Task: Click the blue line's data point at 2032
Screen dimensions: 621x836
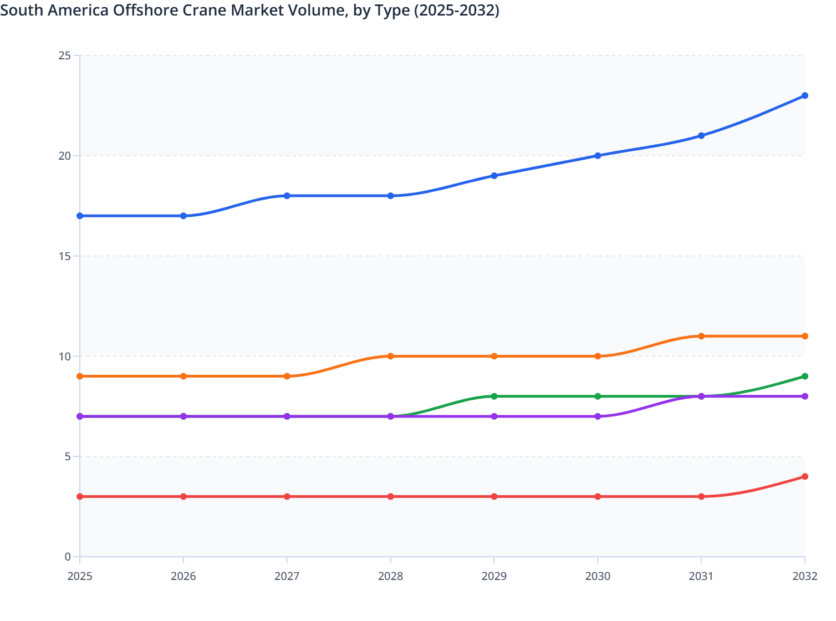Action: [x=804, y=96]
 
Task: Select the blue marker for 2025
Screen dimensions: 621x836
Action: [x=80, y=216]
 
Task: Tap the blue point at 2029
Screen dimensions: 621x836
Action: [x=494, y=176]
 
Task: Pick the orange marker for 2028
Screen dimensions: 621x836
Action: [x=390, y=356]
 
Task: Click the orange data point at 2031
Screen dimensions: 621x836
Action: [x=701, y=336]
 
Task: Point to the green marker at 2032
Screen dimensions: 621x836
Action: [x=804, y=376]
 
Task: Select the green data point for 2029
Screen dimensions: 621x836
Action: [x=494, y=396]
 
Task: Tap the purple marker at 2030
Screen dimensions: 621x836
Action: [x=598, y=416]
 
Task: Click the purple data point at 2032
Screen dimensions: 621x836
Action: [x=804, y=396]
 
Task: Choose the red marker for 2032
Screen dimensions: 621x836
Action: [x=804, y=477]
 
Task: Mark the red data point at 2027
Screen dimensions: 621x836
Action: [x=287, y=496]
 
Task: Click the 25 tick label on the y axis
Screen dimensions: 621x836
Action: [x=64, y=55]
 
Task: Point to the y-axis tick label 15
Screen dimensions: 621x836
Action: [x=64, y=256]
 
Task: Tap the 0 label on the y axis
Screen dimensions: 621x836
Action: [x=68, y=557]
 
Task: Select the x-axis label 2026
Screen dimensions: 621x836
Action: [x=183, y=576]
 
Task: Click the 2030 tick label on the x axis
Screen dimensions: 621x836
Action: [x=598, y=576]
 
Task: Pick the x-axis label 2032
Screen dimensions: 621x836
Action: [x=804, y=576]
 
